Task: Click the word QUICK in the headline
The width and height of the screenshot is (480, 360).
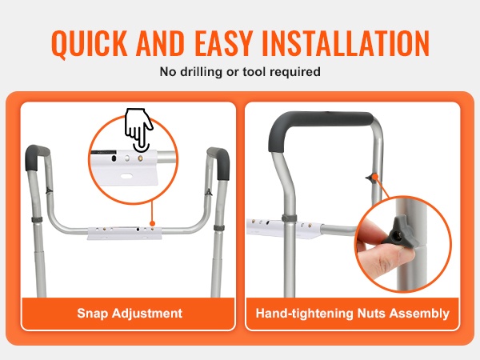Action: coord(89,43)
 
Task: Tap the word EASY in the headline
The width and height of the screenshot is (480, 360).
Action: coord(222,43)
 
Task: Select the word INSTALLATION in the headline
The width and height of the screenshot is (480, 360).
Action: coord(345,43)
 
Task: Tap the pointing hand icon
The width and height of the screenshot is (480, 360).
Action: coord(138,129)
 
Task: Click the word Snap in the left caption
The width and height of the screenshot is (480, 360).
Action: coord(92,314)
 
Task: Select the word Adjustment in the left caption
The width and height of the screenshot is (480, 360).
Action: coord(147,314)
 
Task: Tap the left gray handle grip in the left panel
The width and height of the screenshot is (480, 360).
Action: coord(35,157)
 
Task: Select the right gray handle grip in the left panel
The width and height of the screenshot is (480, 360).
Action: coord(220,162)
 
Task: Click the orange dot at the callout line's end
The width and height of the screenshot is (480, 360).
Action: coord(152,224)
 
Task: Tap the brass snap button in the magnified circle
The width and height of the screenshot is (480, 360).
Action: coord(140,158)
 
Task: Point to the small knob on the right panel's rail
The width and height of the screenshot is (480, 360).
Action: coord(372,178)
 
